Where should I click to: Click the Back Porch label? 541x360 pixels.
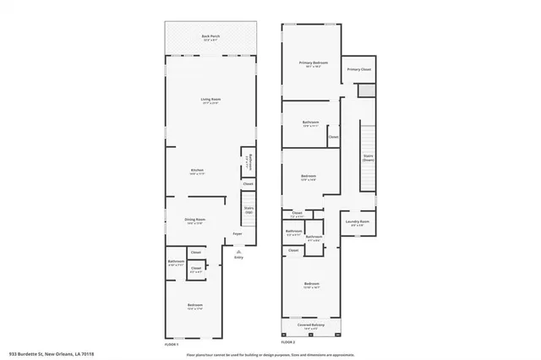pos(210,37)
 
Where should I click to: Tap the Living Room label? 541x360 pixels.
pos(210,101)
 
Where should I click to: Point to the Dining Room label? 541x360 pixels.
pos(196,221)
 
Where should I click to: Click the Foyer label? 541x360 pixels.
pos(238,233)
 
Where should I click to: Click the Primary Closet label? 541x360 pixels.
pos(359,69)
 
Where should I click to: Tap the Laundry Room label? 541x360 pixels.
pos(358,223)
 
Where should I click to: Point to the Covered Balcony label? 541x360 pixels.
pos(311,325)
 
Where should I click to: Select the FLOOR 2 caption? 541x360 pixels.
pos(288,342)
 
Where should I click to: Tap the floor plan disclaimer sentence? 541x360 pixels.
pos(270,354)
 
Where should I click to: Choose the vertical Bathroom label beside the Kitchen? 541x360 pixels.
pos(248,162)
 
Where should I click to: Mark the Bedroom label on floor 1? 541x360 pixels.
pos(194,306)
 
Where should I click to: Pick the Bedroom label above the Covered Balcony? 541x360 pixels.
pos(311,286)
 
